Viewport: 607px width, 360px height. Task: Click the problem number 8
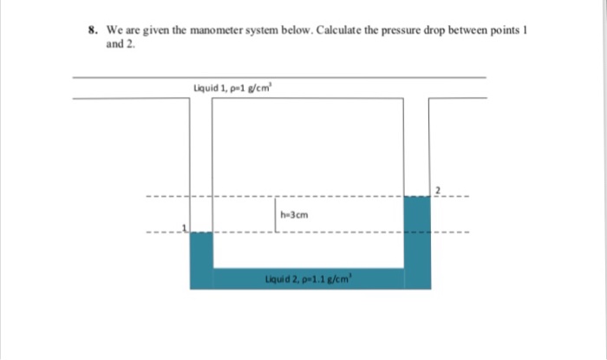coord(91,29)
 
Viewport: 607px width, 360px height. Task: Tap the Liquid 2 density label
coord(310,278)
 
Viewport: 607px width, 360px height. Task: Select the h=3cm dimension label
coord(295,213)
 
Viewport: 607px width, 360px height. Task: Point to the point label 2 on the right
coord(438,190)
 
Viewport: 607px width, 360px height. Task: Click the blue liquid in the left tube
coord(201,256)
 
